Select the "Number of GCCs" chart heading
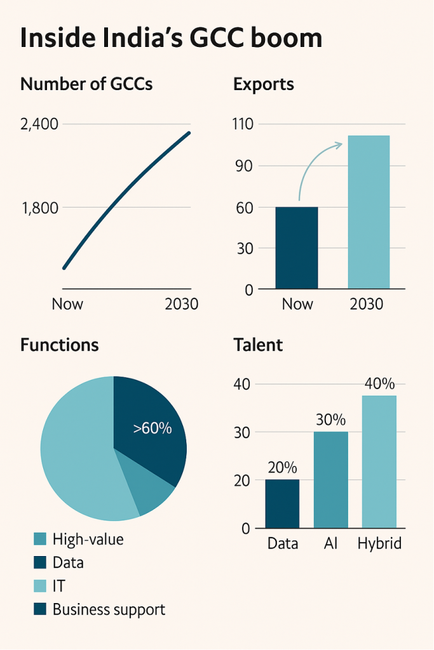click(x=86, y=84)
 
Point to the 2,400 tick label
click(x=39, y=124)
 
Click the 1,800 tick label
click(x=39, y=208)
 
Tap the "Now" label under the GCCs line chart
click(x=67, y=304)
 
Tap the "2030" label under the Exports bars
click(x=367, y=304)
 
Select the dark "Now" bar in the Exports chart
click(x=296, y=248)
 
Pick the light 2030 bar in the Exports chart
click(x=369, y=212)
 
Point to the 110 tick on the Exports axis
click(x=243, y=124)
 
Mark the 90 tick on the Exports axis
click(x=245, y=166)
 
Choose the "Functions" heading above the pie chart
click(x=60, y=345)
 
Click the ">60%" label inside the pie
click(x=153, y=428)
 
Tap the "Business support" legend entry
click(x=109, y=610)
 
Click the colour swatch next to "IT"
click(x=40, y=587)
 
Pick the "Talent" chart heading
click(x=258, y=345)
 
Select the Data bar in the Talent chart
click(x=282, y=503)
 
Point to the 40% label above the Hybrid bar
click(x=379, y=384)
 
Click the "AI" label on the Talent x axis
click(x=330, y=544)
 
